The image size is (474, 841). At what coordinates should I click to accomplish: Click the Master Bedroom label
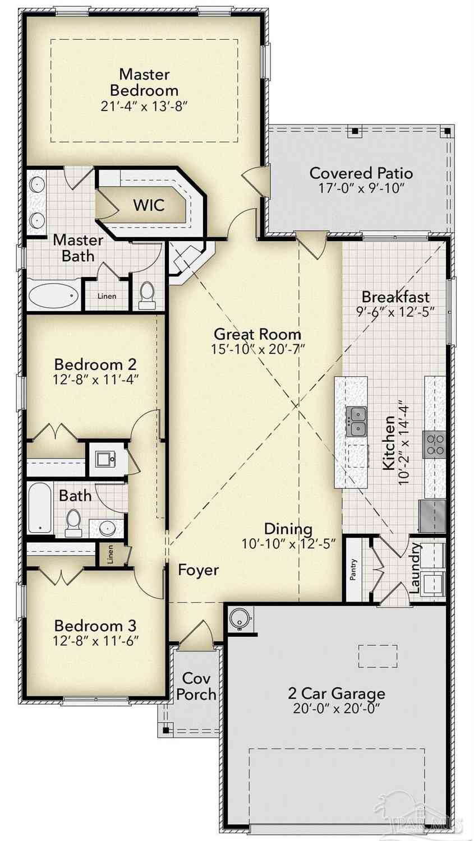tap(144, 82)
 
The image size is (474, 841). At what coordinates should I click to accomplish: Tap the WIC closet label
tap(149, 205)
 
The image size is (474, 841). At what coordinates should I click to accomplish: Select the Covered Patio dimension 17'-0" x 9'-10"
tap(361, 188)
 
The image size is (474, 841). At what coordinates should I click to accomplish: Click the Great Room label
tap(257, 334)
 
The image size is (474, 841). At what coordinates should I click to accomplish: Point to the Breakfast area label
tap(395, 297)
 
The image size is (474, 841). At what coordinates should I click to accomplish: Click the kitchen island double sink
tap(356, 422)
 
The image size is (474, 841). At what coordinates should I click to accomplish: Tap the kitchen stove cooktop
tap(435, 444)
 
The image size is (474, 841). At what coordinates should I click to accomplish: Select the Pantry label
tap(353, 570)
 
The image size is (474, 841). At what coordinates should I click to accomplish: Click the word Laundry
tap(415, 568)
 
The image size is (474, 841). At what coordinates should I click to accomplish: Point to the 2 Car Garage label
tap(337, 693)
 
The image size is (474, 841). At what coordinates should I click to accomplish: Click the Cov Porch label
tap(196, 686)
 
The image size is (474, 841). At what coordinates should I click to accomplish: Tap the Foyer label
tap(199, 570)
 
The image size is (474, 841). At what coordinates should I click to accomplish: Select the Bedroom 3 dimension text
tap(96, 640)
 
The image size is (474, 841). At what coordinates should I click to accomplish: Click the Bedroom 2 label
tap(95, 364)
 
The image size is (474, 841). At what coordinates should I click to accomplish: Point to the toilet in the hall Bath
tap(73, 523)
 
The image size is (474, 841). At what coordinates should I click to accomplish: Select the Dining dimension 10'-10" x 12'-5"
tap(288, 543)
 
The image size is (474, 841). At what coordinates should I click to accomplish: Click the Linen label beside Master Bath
tap(107, 296)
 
